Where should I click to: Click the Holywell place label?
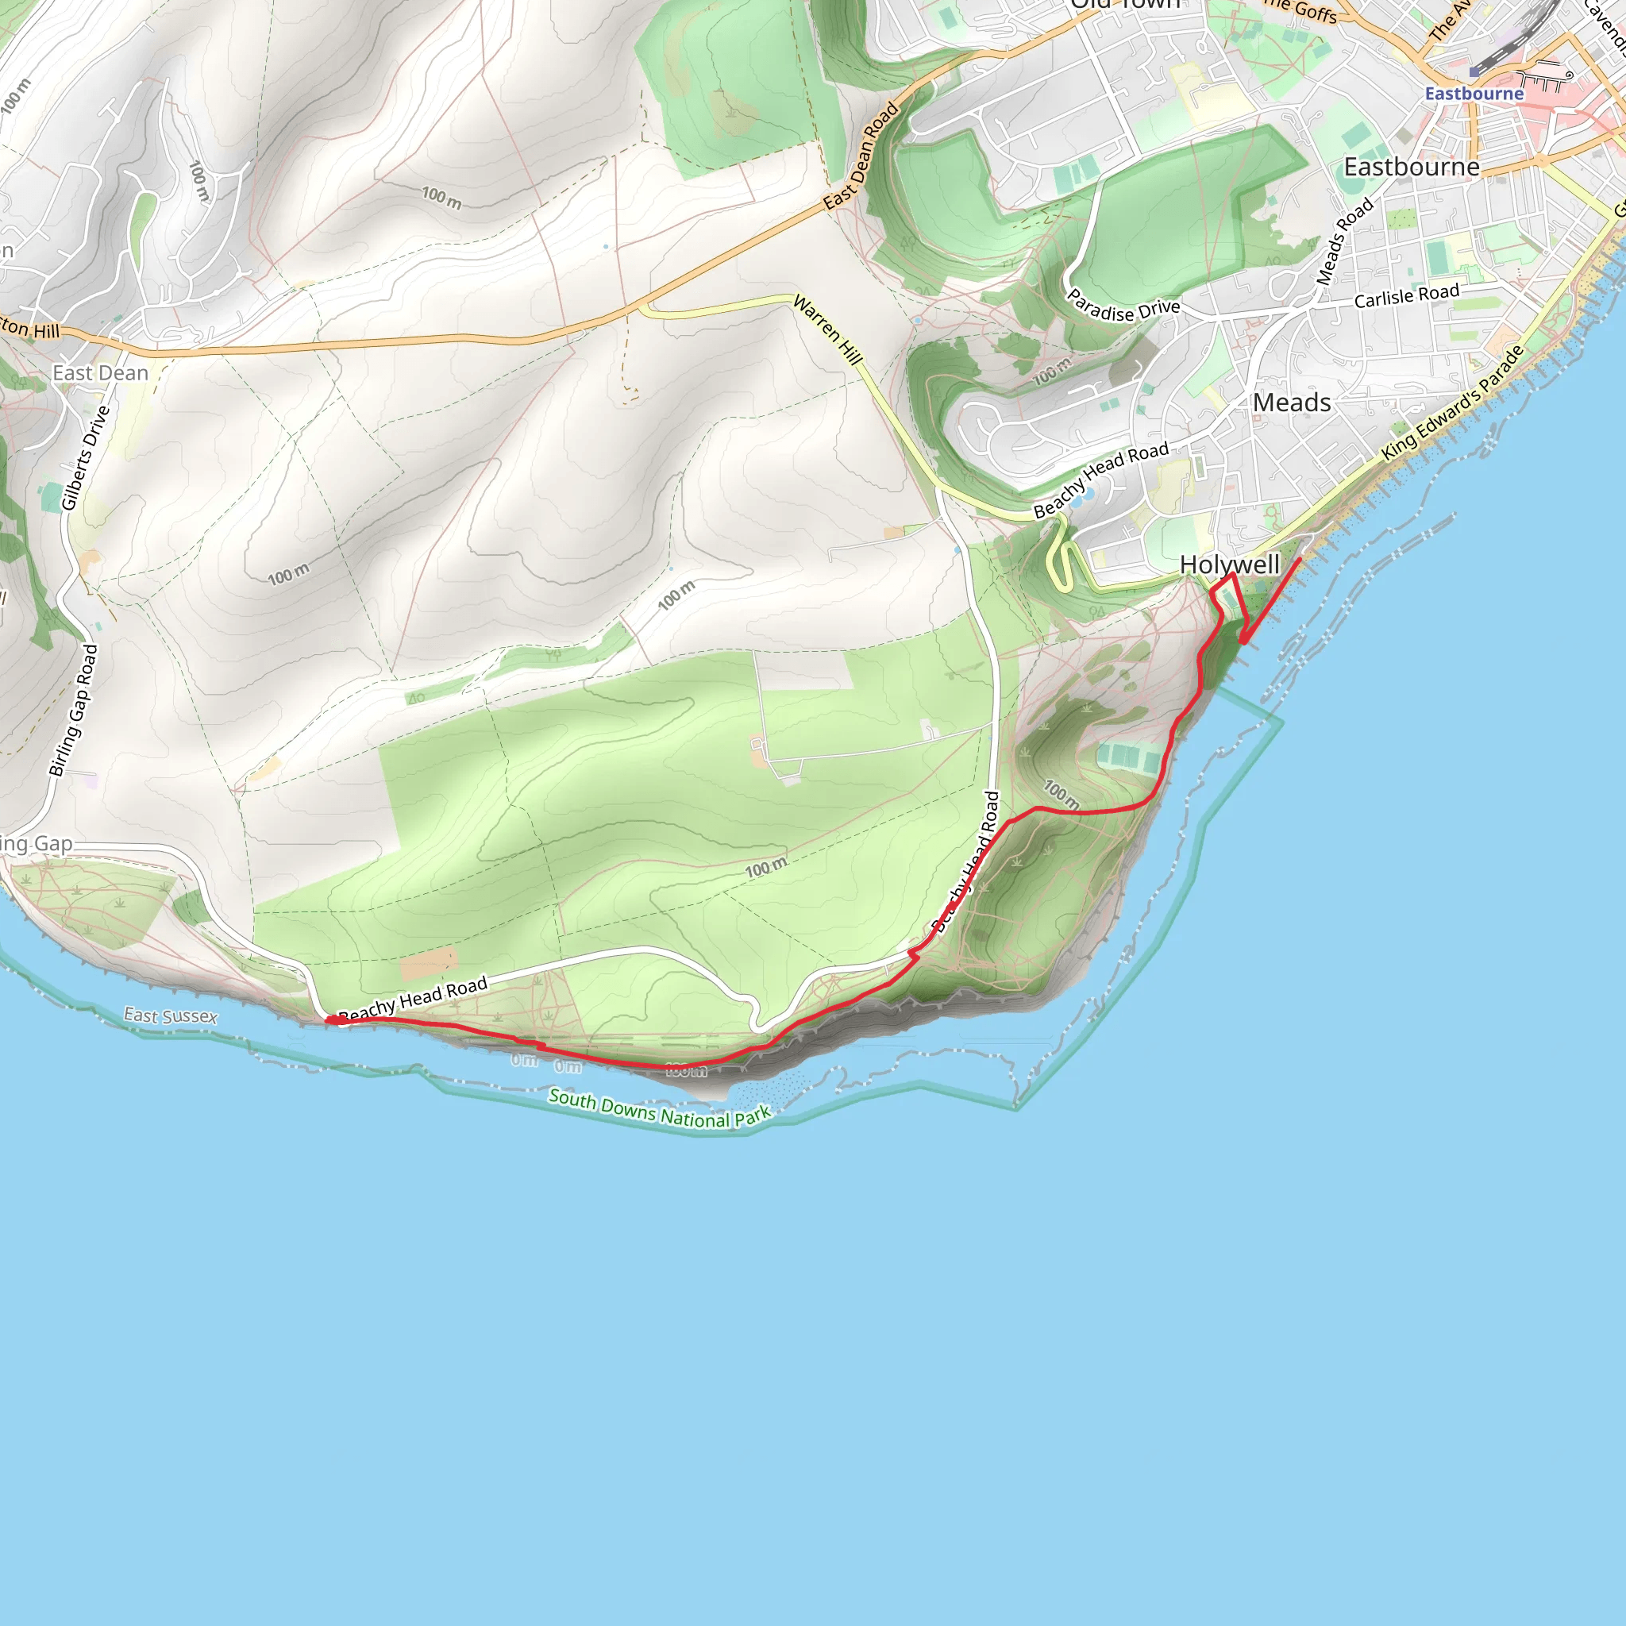point(1229,564)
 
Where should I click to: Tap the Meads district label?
point(1291,403)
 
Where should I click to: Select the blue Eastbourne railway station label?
point(1474,94)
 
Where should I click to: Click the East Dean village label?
point(100,373)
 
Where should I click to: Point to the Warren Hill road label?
point(828,330)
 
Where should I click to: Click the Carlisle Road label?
point(1406,295)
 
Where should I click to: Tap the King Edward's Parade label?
point(1453,403)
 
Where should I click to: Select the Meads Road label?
point(1344,241)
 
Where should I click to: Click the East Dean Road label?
point(861,156)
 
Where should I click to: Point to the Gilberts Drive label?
point(86,458)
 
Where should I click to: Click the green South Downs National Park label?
point(659,1108)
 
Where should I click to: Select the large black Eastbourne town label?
point(1411,167)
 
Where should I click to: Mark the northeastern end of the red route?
point(1300,559)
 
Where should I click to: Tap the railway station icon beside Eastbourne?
point(1474,72)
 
